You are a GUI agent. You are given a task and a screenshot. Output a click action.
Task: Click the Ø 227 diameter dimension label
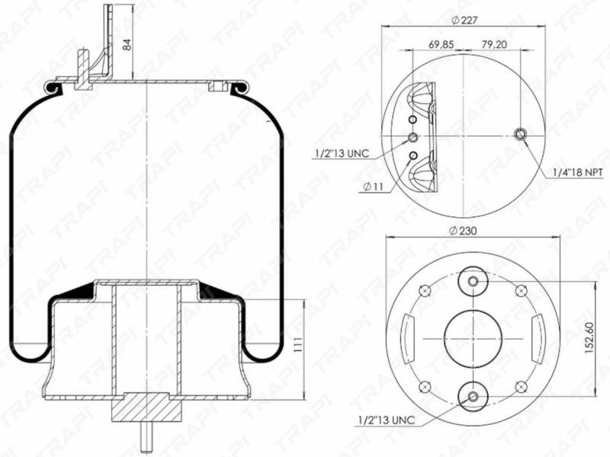tap(464, 21)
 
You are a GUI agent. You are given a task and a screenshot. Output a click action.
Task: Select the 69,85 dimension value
tap(441, 44)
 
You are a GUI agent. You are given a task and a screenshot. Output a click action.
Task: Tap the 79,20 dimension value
tap(494, 44)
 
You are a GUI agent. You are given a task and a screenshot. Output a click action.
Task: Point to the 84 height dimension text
tap(127, 44)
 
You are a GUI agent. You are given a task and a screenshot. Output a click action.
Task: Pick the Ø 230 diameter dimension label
tap(463, 231)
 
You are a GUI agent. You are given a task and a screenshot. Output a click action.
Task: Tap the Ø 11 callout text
tap(374, 187)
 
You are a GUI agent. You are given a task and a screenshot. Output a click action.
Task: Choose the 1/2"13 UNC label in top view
tap(342, 153)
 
